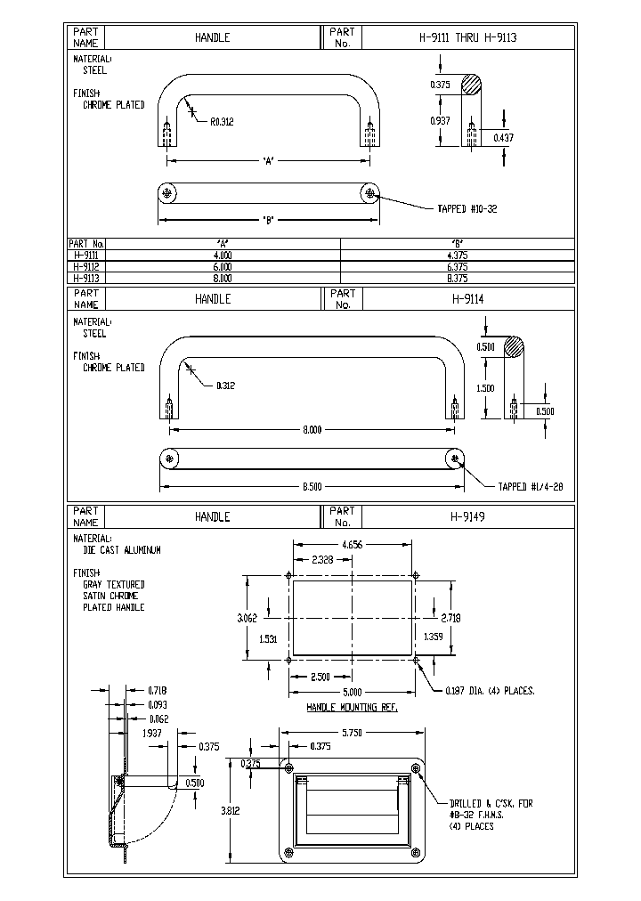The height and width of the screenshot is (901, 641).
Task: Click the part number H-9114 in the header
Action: click(x=467, y=299)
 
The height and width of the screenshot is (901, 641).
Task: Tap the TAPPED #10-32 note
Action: click(x=467, y=208)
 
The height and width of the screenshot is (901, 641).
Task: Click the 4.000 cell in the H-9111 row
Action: click(x=223, y=255)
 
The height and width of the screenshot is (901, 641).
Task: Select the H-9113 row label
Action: click(x=85, y=278)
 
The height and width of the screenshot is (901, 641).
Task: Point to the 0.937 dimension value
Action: click(x=440, y=121)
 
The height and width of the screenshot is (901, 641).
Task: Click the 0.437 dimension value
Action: click(x=503, y=137)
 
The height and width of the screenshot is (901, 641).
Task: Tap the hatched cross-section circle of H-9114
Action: click(x=513, y=347)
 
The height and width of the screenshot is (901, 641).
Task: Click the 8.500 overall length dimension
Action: click(x=312, y=487)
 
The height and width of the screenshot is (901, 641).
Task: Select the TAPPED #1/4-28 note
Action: click(x=531, y=486)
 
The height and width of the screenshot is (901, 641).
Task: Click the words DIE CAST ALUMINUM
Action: click(x=122, y=551)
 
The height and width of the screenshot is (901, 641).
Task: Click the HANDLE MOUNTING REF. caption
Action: click(x=353, y=706)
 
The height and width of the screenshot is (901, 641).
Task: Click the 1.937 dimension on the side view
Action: click(x=153, y=732)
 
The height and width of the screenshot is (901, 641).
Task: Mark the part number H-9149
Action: click(x=467, y=516)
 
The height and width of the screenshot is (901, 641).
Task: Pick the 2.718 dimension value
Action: click(x=452, y=616)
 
